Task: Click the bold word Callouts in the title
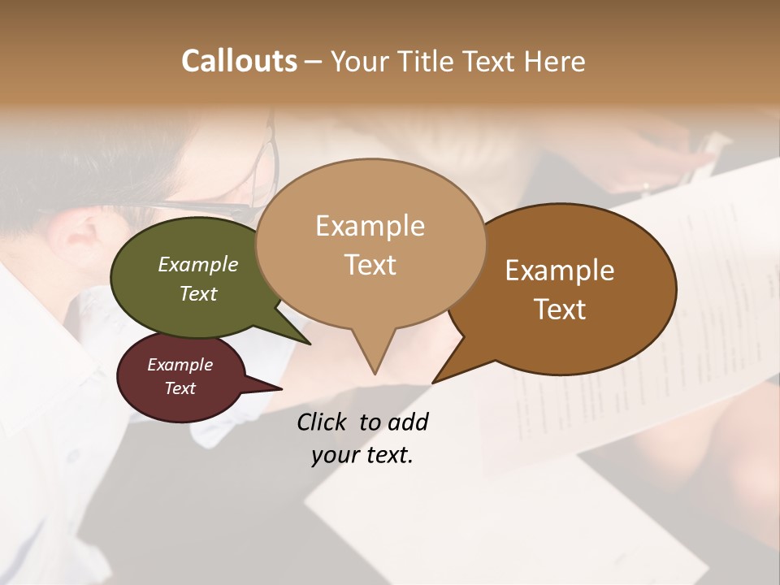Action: tap(239, 61)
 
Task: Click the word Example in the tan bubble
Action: tap(370, 226)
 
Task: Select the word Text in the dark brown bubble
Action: tap(560, 310)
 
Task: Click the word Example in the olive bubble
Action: tap(198, 265)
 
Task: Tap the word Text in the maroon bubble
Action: tap(180, 388)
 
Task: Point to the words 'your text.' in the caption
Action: tap(362, 456)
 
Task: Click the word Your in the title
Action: tap(360, 62)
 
